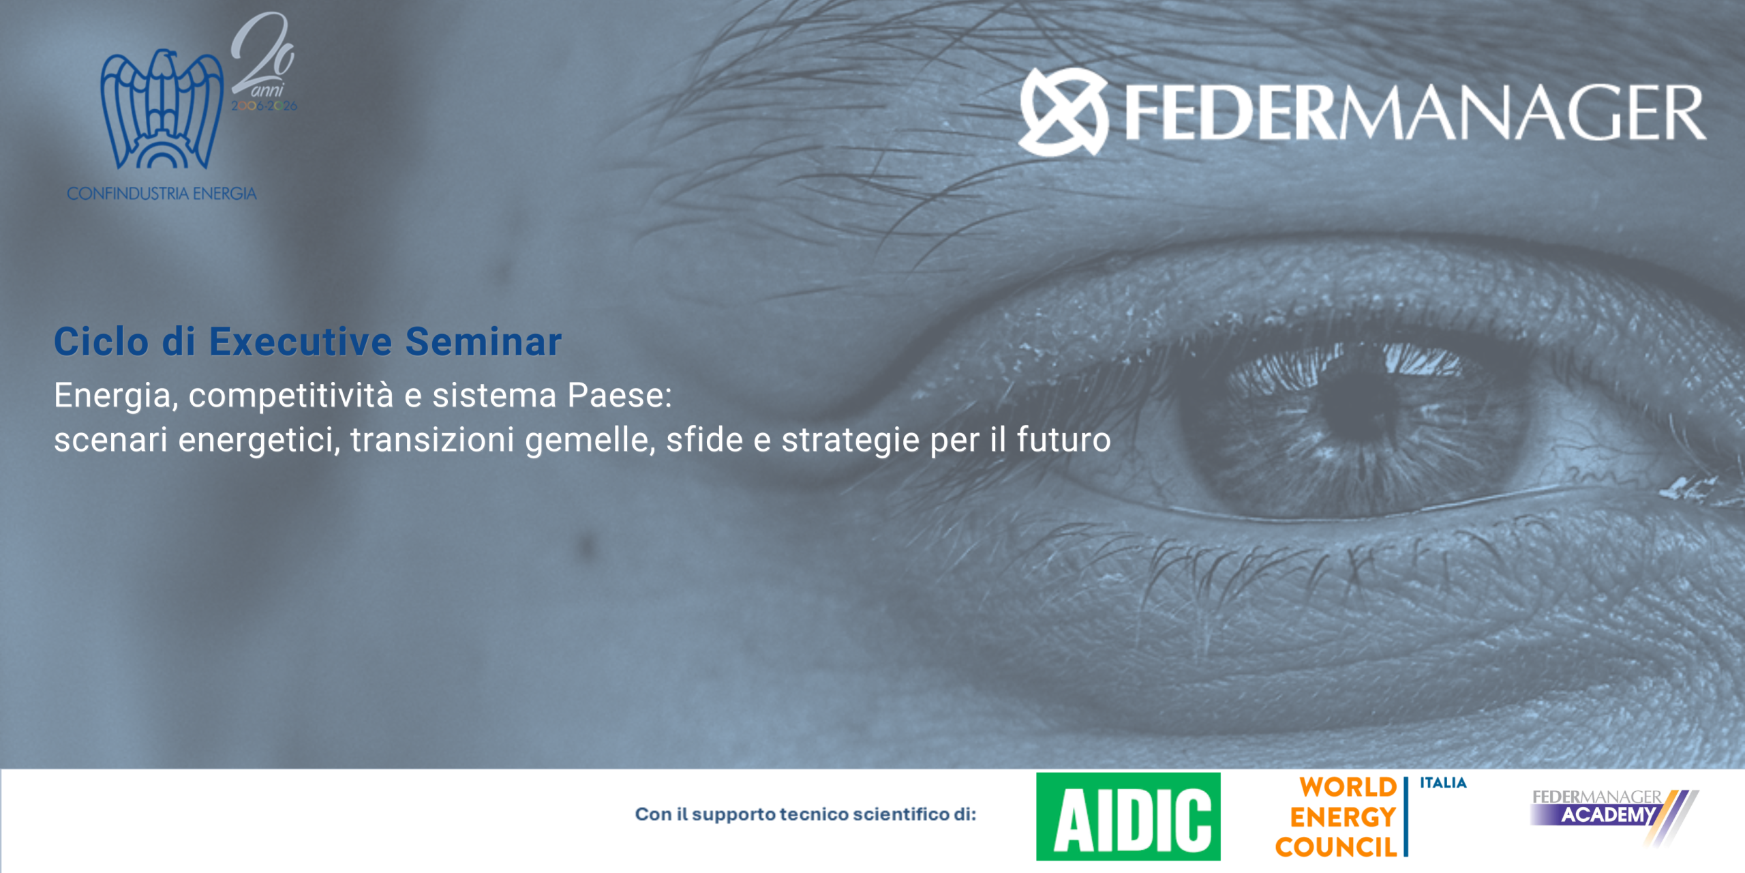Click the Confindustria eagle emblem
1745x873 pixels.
(162, 109)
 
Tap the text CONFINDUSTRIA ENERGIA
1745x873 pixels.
(162, 194)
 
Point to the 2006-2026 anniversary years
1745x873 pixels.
(264, 106)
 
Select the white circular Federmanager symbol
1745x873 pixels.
(1063, 111)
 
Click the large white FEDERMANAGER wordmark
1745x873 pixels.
(1414, 113)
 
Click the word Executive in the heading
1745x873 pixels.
(301, 341)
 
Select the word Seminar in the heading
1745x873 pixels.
(483, 341)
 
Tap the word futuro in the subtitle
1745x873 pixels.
(1063, 440)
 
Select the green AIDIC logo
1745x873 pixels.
(1128, 816)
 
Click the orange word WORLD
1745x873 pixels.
(1348, 787)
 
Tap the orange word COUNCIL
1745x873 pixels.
(1336, 847)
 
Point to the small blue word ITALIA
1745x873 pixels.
(1443, 783)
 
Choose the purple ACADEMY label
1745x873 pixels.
(1607, 815)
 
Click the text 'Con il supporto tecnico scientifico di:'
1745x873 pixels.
(806, 814)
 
